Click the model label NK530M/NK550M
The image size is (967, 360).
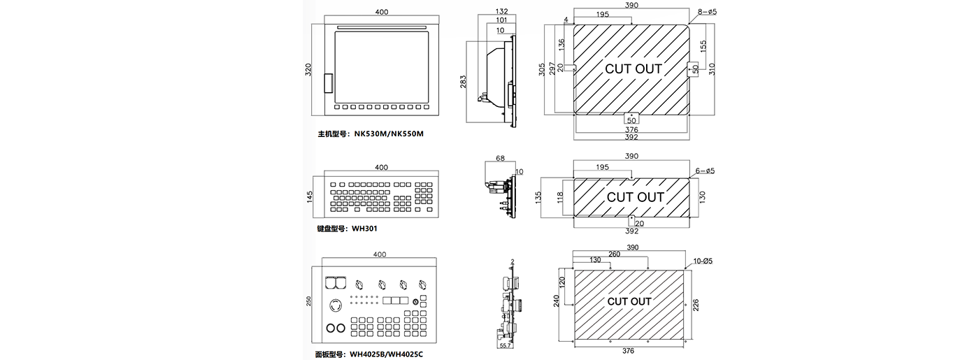coord(389,133)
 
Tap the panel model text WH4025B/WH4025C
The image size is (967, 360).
coord(386,354)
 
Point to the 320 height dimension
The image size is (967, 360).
coord(308,71)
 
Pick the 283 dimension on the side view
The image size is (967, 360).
coord(464,82)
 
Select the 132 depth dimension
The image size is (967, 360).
coord(501,12)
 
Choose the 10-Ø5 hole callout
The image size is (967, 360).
coord(703,261)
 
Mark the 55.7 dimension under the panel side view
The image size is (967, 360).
coord(506,346)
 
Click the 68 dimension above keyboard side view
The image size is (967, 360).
coord(500,159)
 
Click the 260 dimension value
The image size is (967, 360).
coord(614,254)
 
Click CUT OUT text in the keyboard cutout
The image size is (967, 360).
coord(635,197)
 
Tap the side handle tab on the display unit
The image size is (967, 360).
coord(329,82)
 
